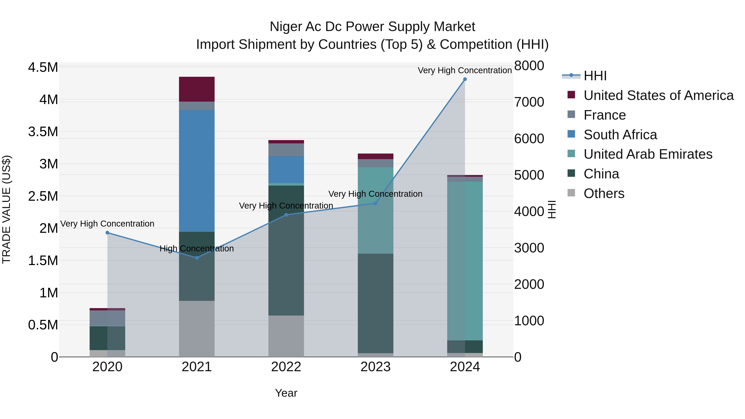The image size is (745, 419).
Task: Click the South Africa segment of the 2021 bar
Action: (x=197, y=171)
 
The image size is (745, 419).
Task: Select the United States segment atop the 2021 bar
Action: (x=197, y=89)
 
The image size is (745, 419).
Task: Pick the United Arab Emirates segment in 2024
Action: (x=465, y=260)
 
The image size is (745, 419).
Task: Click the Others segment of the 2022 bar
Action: (x=286, y=336)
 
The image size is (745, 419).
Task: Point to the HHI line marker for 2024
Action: (x=465, y=79)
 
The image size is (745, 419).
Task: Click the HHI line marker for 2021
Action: (x=197, y=258)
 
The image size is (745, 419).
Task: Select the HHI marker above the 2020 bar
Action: (x=107, y=233)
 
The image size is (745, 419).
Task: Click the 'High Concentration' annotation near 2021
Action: (x=197, y=248)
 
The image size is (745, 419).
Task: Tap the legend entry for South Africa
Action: (x=620, y=135)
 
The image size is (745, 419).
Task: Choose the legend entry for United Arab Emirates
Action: (x=648, y=154)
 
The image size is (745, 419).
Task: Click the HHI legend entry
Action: (x=595, y=76)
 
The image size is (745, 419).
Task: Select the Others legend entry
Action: (x=604, y=193)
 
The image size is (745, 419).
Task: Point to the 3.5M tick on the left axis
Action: (x=43, y=132)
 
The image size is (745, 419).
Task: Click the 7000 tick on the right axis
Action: (x=529, y=102)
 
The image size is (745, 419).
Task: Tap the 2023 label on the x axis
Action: (x=375, y=367)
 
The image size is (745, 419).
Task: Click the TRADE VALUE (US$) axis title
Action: (x=6, y=209)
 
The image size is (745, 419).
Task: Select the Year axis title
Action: (x=286, y=393)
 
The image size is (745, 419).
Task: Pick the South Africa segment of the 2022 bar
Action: (x=286, y=169)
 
